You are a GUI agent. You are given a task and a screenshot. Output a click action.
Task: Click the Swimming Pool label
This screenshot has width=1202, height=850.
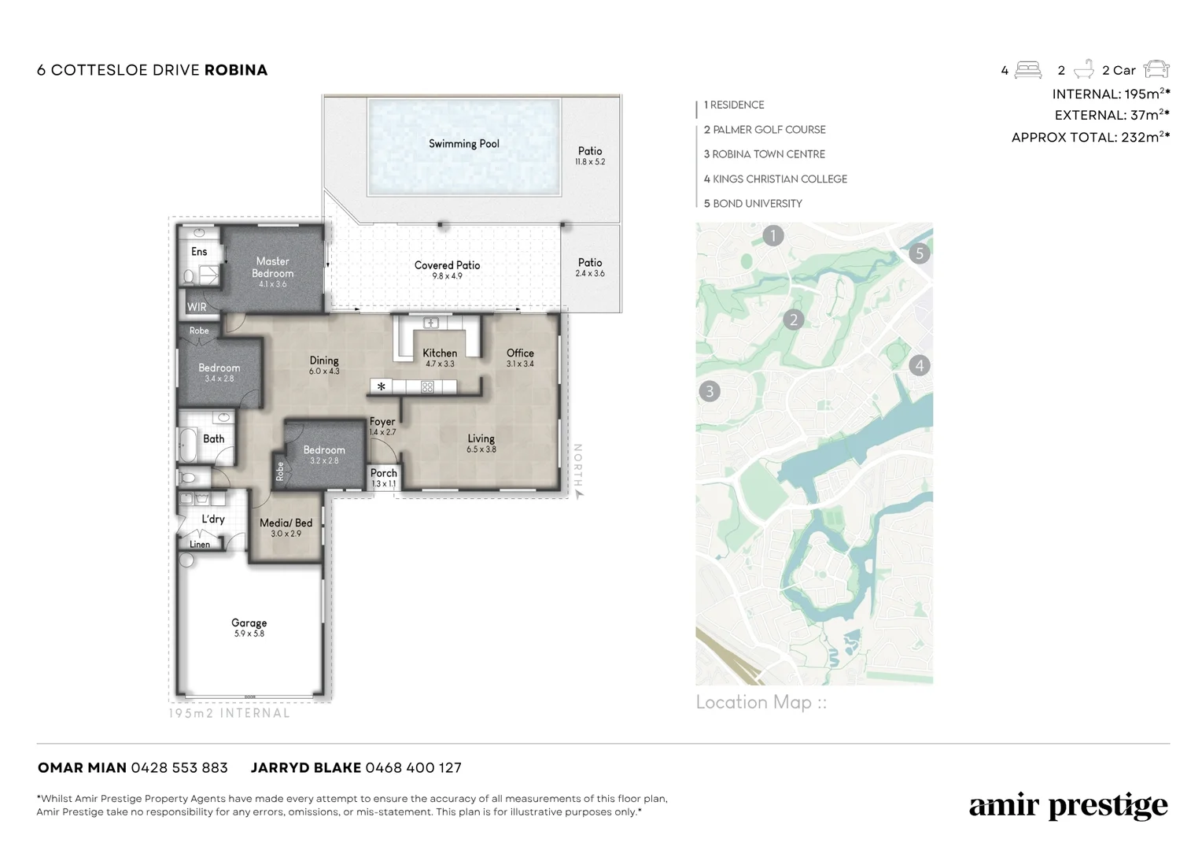[x=463, y=143]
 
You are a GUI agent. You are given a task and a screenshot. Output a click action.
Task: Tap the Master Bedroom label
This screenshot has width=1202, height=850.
[x=273, y=267]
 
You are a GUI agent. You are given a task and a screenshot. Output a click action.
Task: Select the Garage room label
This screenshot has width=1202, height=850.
[x=249, y=623]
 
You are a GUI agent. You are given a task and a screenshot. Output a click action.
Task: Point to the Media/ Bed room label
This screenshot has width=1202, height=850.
[x=286, y=523]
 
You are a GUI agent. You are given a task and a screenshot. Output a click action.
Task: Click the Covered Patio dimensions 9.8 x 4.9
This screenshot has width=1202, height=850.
[x=447, y=276]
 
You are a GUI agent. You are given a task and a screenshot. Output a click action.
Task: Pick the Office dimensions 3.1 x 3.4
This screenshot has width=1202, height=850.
[x=520, y=364]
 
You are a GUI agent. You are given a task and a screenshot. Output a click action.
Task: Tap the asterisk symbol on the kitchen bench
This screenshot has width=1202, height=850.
[x=381, y=386]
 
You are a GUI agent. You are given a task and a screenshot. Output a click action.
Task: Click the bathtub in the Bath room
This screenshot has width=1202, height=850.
[x=187, y=445]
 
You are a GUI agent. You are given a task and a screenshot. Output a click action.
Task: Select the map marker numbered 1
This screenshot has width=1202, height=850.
[x=772, y=235]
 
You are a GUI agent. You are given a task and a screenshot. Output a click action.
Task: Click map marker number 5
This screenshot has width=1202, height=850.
[x=920, y=253]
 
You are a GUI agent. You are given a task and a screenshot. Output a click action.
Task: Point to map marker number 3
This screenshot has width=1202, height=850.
[x=710, y=391]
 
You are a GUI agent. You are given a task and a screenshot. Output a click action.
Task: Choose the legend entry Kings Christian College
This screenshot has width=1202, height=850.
[x=776, y=179]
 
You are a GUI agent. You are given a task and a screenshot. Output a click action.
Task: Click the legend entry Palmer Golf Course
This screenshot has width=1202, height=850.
[x=765, y=129]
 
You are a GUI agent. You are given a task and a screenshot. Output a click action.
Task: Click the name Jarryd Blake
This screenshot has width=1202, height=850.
[x=306, y=768]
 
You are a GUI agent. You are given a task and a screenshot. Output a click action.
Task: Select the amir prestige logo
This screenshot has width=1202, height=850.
[x=1068, y=806]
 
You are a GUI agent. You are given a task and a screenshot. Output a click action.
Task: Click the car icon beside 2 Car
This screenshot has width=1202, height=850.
[x=1156, y=68]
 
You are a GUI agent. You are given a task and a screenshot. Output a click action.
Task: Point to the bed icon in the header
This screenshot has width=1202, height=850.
[x=1028, y=70]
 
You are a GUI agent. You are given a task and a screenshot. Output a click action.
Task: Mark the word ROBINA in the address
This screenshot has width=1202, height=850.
[x=236, y=70]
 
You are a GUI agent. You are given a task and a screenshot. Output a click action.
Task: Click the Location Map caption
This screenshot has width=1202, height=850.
[x=761, y=702]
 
